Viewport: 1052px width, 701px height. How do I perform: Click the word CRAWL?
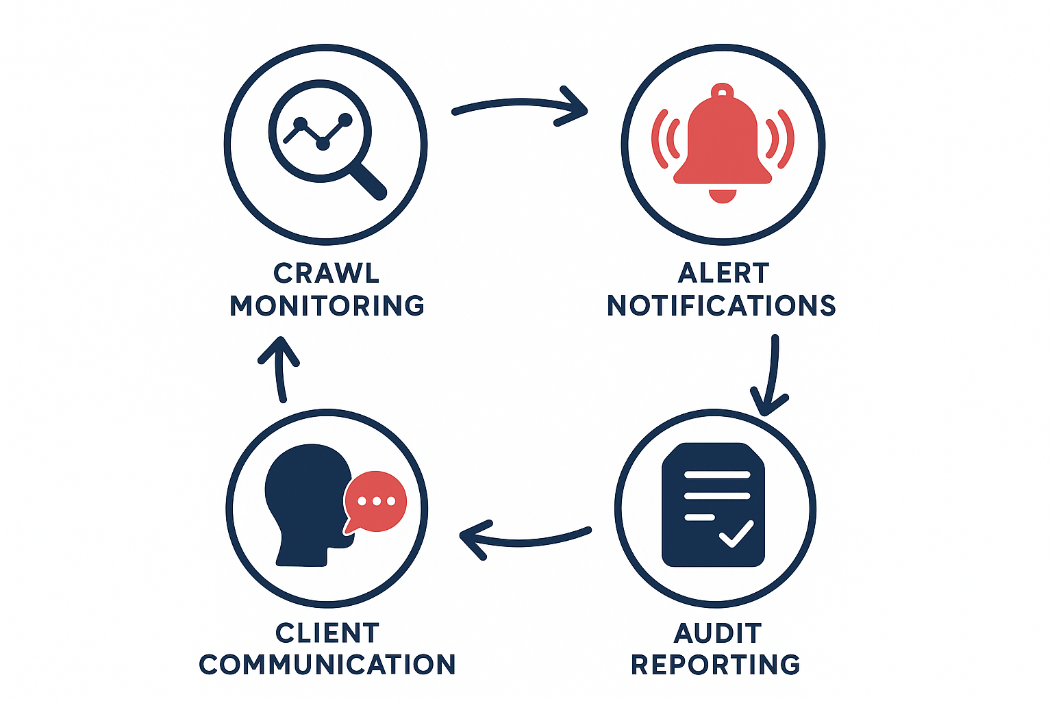point(326,273)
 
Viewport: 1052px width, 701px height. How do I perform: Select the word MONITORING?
point(327,305)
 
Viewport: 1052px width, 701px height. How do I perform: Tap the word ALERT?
point(723,273)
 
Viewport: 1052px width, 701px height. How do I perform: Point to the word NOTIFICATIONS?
point(722,305)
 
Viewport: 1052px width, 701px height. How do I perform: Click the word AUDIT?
point(717,633)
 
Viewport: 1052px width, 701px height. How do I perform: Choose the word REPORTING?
point(716,665)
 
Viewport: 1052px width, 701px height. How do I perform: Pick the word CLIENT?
point(327,633)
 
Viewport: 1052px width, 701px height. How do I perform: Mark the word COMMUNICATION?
point(327,665)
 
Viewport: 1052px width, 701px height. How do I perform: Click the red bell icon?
point(723,144)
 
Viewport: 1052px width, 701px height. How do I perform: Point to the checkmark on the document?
point(736,534)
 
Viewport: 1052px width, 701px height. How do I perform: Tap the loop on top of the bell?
point(722,90)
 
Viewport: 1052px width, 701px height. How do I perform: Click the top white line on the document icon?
point(717,474)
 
